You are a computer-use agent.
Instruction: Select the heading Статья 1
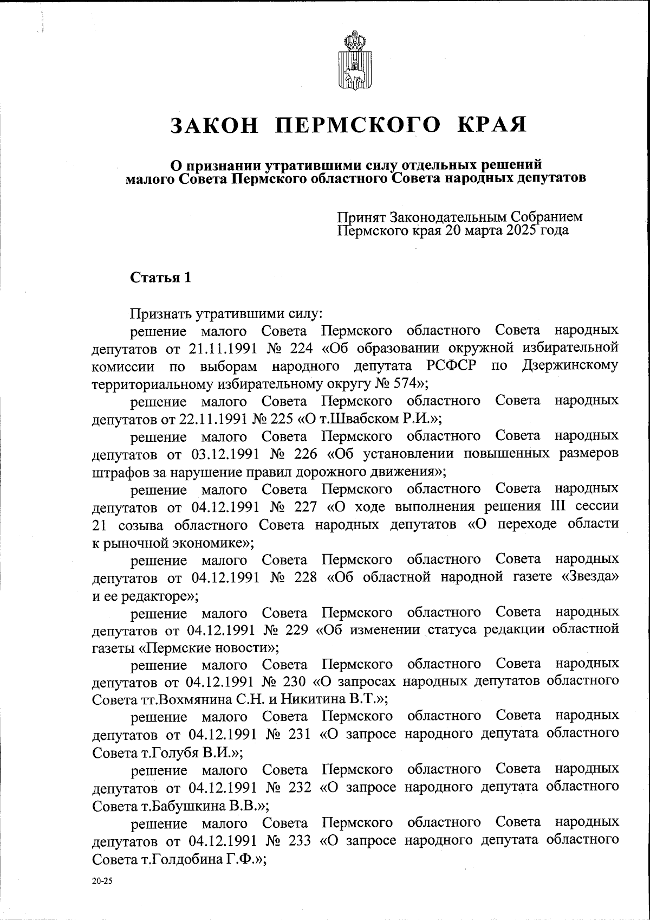pos(160,278)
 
